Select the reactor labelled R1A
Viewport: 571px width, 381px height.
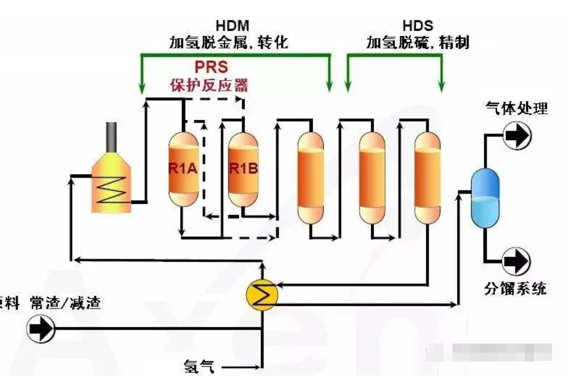[x=183, y=169]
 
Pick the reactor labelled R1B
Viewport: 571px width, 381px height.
[x=243, y=169]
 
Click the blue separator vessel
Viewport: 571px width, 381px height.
[x=485, y=198]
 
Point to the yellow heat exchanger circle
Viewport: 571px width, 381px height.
[x=262, y=295]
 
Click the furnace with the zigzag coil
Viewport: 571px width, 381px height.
[x=111, y=185]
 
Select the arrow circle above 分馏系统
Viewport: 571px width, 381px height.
[x=517, y=261]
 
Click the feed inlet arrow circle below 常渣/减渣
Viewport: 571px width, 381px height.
[x=41, y=328]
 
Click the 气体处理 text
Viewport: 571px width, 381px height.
[x=516, y=108]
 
